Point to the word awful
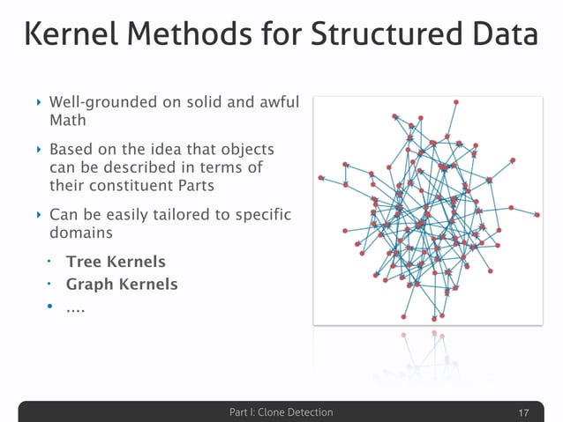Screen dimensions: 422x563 (277, 102)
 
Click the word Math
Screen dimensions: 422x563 (68, 120)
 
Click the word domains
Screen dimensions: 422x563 (83, 235)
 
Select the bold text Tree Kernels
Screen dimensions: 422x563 (116, 263)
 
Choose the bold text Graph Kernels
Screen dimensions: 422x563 (122, 285)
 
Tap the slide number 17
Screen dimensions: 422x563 (523, 412)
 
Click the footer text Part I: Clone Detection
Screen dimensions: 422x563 (281, 412)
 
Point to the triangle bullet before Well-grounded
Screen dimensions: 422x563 (37, 103)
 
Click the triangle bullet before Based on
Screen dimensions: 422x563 (37, 150)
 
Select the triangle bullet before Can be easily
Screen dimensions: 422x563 (37, 217)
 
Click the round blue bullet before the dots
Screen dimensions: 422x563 (50, 307)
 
